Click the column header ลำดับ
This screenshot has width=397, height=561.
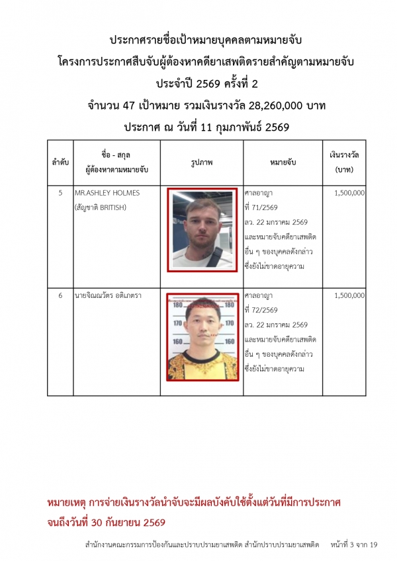click(x=60, y=162)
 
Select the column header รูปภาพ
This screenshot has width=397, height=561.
click(x=202, y=162)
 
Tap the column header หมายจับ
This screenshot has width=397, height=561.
click(x=283, y=162)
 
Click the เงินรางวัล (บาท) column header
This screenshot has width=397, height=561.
click(x=344, y=162)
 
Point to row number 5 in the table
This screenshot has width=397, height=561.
click(x=60, y=193)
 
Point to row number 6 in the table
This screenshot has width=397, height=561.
click(x=60, y=295)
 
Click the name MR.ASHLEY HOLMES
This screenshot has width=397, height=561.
click(x=107, y=193)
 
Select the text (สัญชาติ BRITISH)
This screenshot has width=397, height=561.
click(x=101, y=207)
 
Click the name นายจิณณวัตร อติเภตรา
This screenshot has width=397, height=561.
click(x=109, y=295)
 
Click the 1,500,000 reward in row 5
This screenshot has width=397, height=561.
click(x=349, y=193)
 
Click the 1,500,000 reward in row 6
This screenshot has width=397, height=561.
click(x=349, y=295)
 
